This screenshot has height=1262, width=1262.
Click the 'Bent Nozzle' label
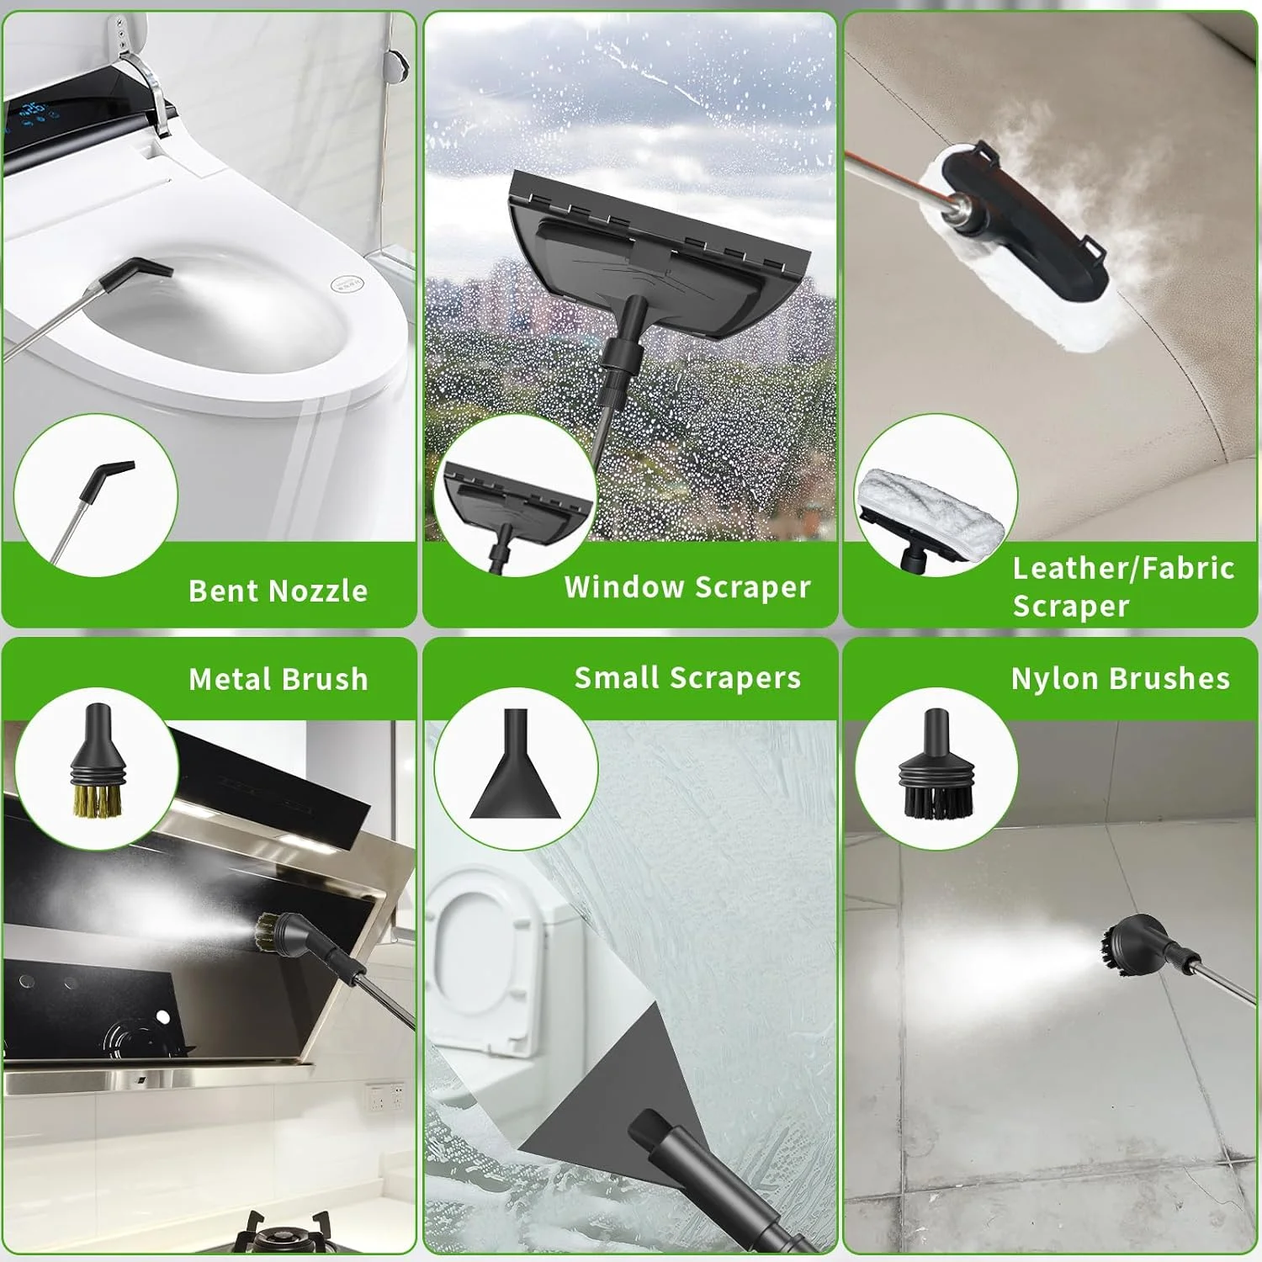click(x=278, y=591)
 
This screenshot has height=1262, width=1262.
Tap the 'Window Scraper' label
click(x=687, y=587)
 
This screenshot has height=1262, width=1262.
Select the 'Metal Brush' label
click(x=278, y=679)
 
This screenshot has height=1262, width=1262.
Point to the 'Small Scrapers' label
click(x=687, y=678)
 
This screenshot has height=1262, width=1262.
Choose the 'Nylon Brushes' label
click(x=1121, y=678)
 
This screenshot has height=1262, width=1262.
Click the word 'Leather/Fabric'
click(x=1123, y=569)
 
